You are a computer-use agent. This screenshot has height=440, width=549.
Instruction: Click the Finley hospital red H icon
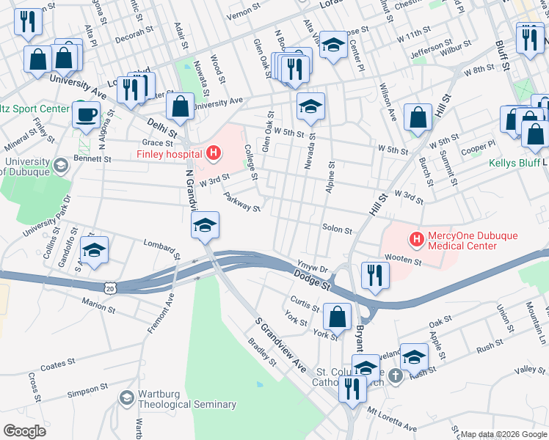[214, 153]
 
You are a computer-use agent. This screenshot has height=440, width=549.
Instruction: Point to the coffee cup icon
[87, 114]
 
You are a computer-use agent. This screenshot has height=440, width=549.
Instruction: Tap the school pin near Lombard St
[95, 250]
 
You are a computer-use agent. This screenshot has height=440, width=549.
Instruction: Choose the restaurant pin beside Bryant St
[375, 275]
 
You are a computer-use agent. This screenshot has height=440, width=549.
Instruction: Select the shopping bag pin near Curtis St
[337, 317]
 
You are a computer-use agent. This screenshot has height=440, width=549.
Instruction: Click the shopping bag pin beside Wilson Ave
[418, 117]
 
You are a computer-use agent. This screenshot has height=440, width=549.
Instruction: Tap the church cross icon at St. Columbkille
[396, 376]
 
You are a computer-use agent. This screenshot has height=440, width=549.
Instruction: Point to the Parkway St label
[243, 202]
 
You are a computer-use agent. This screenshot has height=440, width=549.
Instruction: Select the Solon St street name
[338, 229]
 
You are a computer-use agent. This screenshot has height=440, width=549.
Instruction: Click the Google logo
[23, 430]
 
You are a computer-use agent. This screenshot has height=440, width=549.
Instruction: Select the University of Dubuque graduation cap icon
[61, 166]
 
